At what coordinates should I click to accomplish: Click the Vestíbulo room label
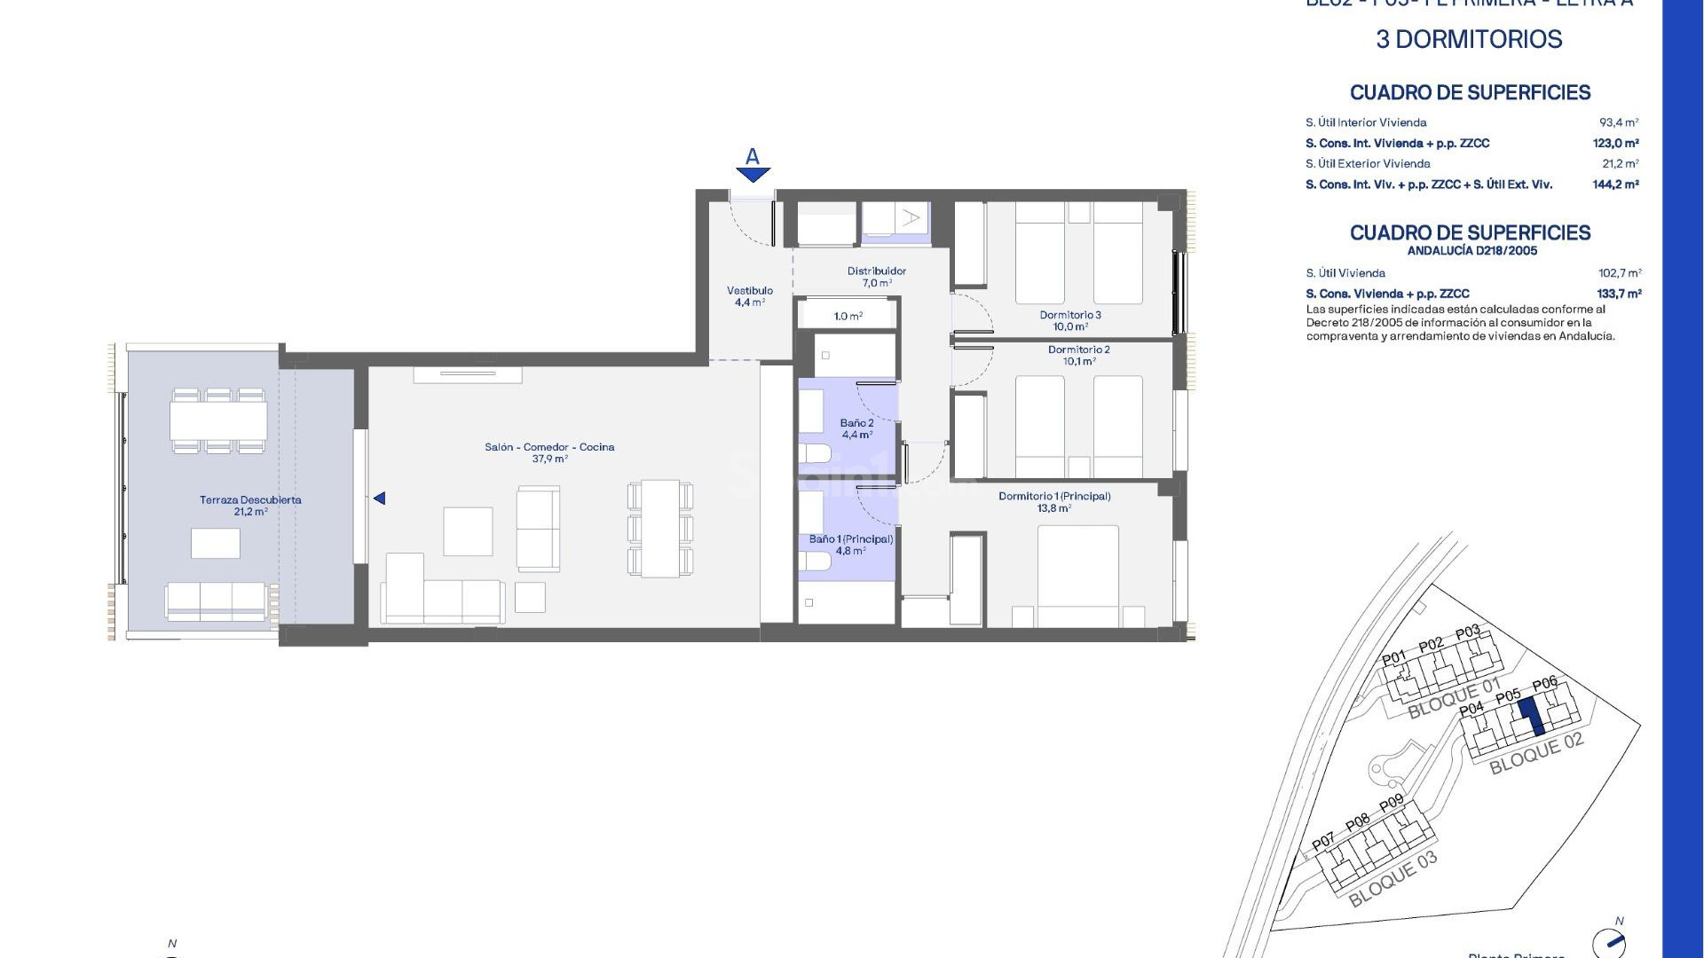click(x=749, y=295)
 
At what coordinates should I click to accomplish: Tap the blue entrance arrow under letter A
click(x=753, y=175)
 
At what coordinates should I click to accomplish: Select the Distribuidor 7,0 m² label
click(x=876, y=277)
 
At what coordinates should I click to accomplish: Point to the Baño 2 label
click(x=856, y=428)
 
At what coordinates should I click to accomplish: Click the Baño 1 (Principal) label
click(x=850, y=544)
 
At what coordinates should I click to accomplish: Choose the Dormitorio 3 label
click(x=1070, y=320)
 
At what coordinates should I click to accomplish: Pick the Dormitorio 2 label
click(x=1078, y=355)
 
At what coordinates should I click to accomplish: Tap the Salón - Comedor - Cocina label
click(x=549, y=452)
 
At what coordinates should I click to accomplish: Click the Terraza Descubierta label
click(x=250, y=505)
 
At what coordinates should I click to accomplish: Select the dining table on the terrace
click(x=218, y=420)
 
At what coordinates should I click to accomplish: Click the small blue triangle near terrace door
click(x=380, y=499)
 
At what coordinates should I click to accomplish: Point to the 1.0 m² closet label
click(x=848, y=316)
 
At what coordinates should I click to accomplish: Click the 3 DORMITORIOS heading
click(x=1469, y=39)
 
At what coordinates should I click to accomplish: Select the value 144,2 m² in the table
click(x=1615, y=185)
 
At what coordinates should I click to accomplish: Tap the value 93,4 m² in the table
click(x=1619, y=122)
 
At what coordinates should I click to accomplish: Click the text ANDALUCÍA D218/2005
click(x=1471, y=251)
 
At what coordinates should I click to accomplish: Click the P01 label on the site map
click(x=1394, y=658)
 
